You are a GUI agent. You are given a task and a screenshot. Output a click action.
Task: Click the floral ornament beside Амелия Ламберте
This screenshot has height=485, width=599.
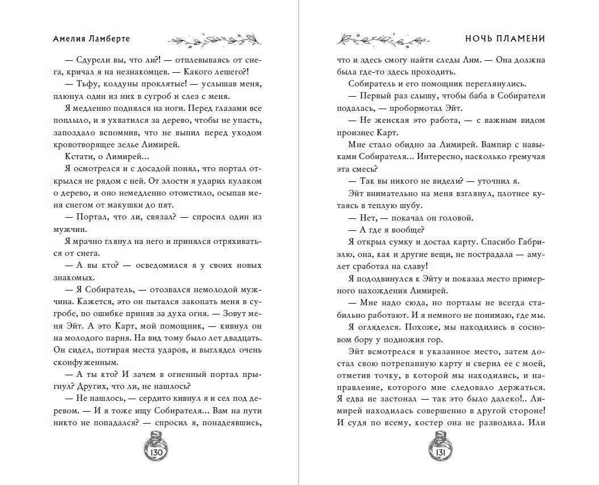tap(214, 39)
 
